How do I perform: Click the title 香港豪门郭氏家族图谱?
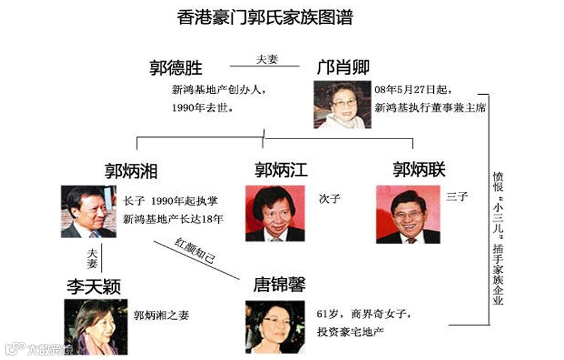tap(265, 16)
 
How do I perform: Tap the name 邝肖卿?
tap(343, 67)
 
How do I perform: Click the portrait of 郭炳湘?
tap(88, 211)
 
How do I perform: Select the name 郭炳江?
tap(281, 170)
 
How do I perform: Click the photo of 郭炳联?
tap(407, 214)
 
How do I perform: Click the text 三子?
tap(457, 196)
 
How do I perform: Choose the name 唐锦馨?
tap(279, 284)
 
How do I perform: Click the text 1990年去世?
tap(202, 109)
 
